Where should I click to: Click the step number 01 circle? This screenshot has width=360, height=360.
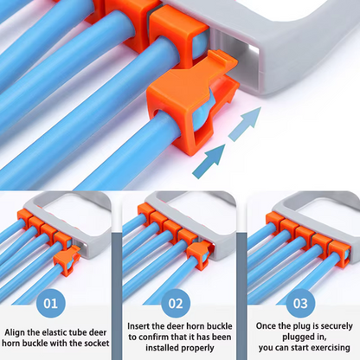click(51, 304)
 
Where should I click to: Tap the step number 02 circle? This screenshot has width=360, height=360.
click(176, 304)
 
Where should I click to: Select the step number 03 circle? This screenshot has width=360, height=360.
click(300, 304)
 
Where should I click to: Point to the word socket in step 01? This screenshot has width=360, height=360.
click(97, 344)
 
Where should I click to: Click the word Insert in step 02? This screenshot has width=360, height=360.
click(138, 326)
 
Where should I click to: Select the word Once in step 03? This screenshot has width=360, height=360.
click(266, 326)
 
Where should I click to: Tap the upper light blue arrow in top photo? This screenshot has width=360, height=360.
click(245, 124)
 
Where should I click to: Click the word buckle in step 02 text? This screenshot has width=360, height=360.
click(218, 326)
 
